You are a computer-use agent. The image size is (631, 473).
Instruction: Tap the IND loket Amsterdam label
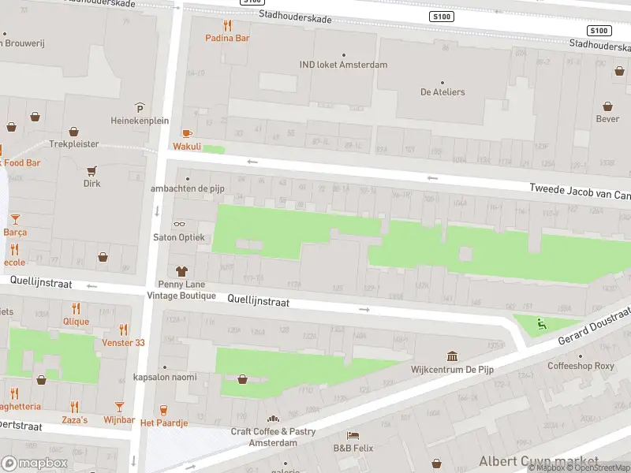[x=343, y=65]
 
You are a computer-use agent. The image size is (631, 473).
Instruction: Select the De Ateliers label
[x=442, y=92]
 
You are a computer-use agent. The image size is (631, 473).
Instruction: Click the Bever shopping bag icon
[x=607, y=106]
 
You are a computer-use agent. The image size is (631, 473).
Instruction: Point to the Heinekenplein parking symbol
[x=140, y=108]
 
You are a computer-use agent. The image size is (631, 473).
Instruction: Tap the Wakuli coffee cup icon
[x=187, y=133]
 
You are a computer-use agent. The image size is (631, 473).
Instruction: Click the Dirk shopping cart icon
[x=92, y=170]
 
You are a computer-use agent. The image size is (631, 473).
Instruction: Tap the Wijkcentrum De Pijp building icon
[x=452, y=356]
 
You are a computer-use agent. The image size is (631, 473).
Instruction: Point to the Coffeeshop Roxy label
[x=581, y=366]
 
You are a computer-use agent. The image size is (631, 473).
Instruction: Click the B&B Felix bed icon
[x=353, y=435]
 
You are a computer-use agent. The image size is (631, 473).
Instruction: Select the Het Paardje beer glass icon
[x=164, y=410]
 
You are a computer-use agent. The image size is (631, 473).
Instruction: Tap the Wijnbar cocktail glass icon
[x=119, y=407]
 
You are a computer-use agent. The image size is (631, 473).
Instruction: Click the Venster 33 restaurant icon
[x=123, y=330]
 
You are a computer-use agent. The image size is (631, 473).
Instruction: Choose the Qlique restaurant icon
[x=76, y=308]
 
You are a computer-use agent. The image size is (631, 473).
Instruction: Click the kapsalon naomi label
[x=164, y=377]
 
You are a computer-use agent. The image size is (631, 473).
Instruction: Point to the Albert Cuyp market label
[x=538, y=460]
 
